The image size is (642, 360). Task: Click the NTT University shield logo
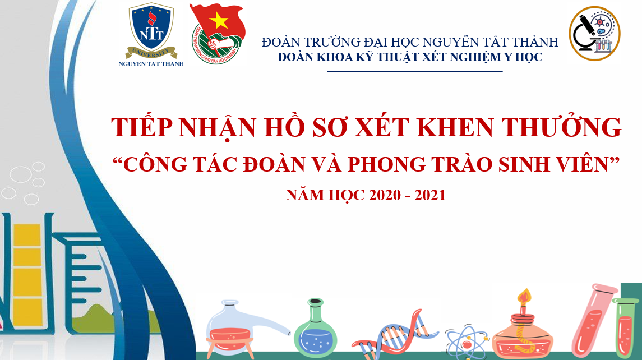tap(151, 31)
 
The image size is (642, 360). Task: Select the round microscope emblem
tap(594, 33)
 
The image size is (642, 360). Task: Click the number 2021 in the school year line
tap(430, 195)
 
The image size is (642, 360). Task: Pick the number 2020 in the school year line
tap(385, 195)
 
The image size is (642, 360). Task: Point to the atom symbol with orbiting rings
tap(467, 341)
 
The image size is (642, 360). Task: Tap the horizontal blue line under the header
tap(414, 71)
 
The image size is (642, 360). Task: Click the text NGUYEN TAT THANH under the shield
tap(151, 64)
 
